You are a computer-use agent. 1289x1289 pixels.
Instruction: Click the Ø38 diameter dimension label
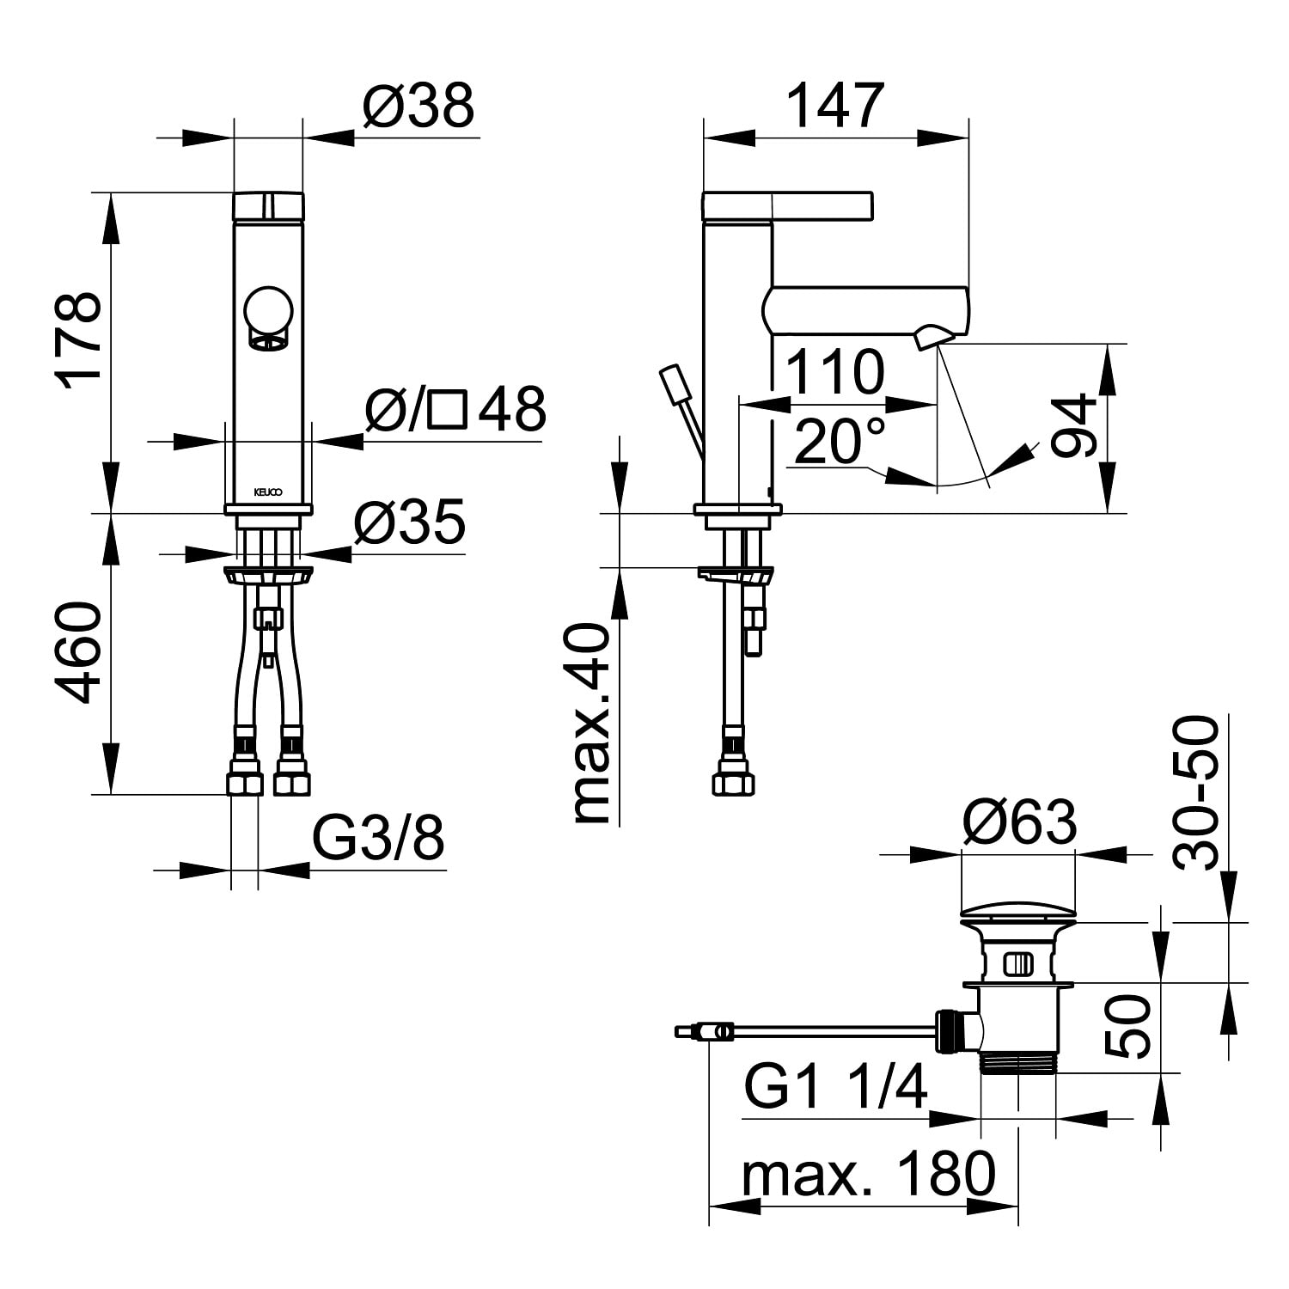[x=418, y=107]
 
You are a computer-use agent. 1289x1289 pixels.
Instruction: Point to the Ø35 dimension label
[x=409, y=522]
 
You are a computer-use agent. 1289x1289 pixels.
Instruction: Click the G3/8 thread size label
[x=377, y=838]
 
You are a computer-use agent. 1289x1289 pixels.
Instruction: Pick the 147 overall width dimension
[x=835, y=107]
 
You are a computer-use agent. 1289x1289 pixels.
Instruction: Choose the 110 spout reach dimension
[x=834, y=372]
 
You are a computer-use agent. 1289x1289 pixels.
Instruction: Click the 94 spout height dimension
[x=1076, y=427]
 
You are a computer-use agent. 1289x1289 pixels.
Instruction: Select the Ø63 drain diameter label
[x=1019, y=822]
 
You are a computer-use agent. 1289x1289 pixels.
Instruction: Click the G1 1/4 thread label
[x=836, y=1087]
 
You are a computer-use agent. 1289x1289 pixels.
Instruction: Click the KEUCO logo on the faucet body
[x=267, y=492]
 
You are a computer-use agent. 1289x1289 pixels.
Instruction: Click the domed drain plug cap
[x=1017, y=909]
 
